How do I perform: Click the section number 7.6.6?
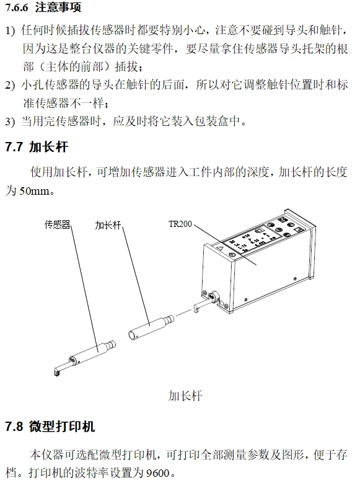pos(17,7)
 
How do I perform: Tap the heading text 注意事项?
pos(58,7)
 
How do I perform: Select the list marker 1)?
pos(10,30)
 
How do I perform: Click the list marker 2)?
pos(10,85)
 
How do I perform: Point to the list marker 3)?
pos(10,121)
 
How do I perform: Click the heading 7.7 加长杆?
pos(37,146)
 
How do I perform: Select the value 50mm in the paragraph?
pos(34,190)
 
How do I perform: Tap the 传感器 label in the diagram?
pos(57,224)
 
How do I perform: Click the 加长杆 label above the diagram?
pos(108,225)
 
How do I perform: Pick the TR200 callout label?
pos(180,224)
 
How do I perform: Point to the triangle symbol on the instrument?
pos(220,249)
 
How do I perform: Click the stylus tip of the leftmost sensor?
pos(56,372)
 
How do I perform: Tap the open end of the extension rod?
pos(133,335)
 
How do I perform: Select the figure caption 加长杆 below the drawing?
pos(185,396)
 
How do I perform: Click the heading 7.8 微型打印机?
pos(50,426)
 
